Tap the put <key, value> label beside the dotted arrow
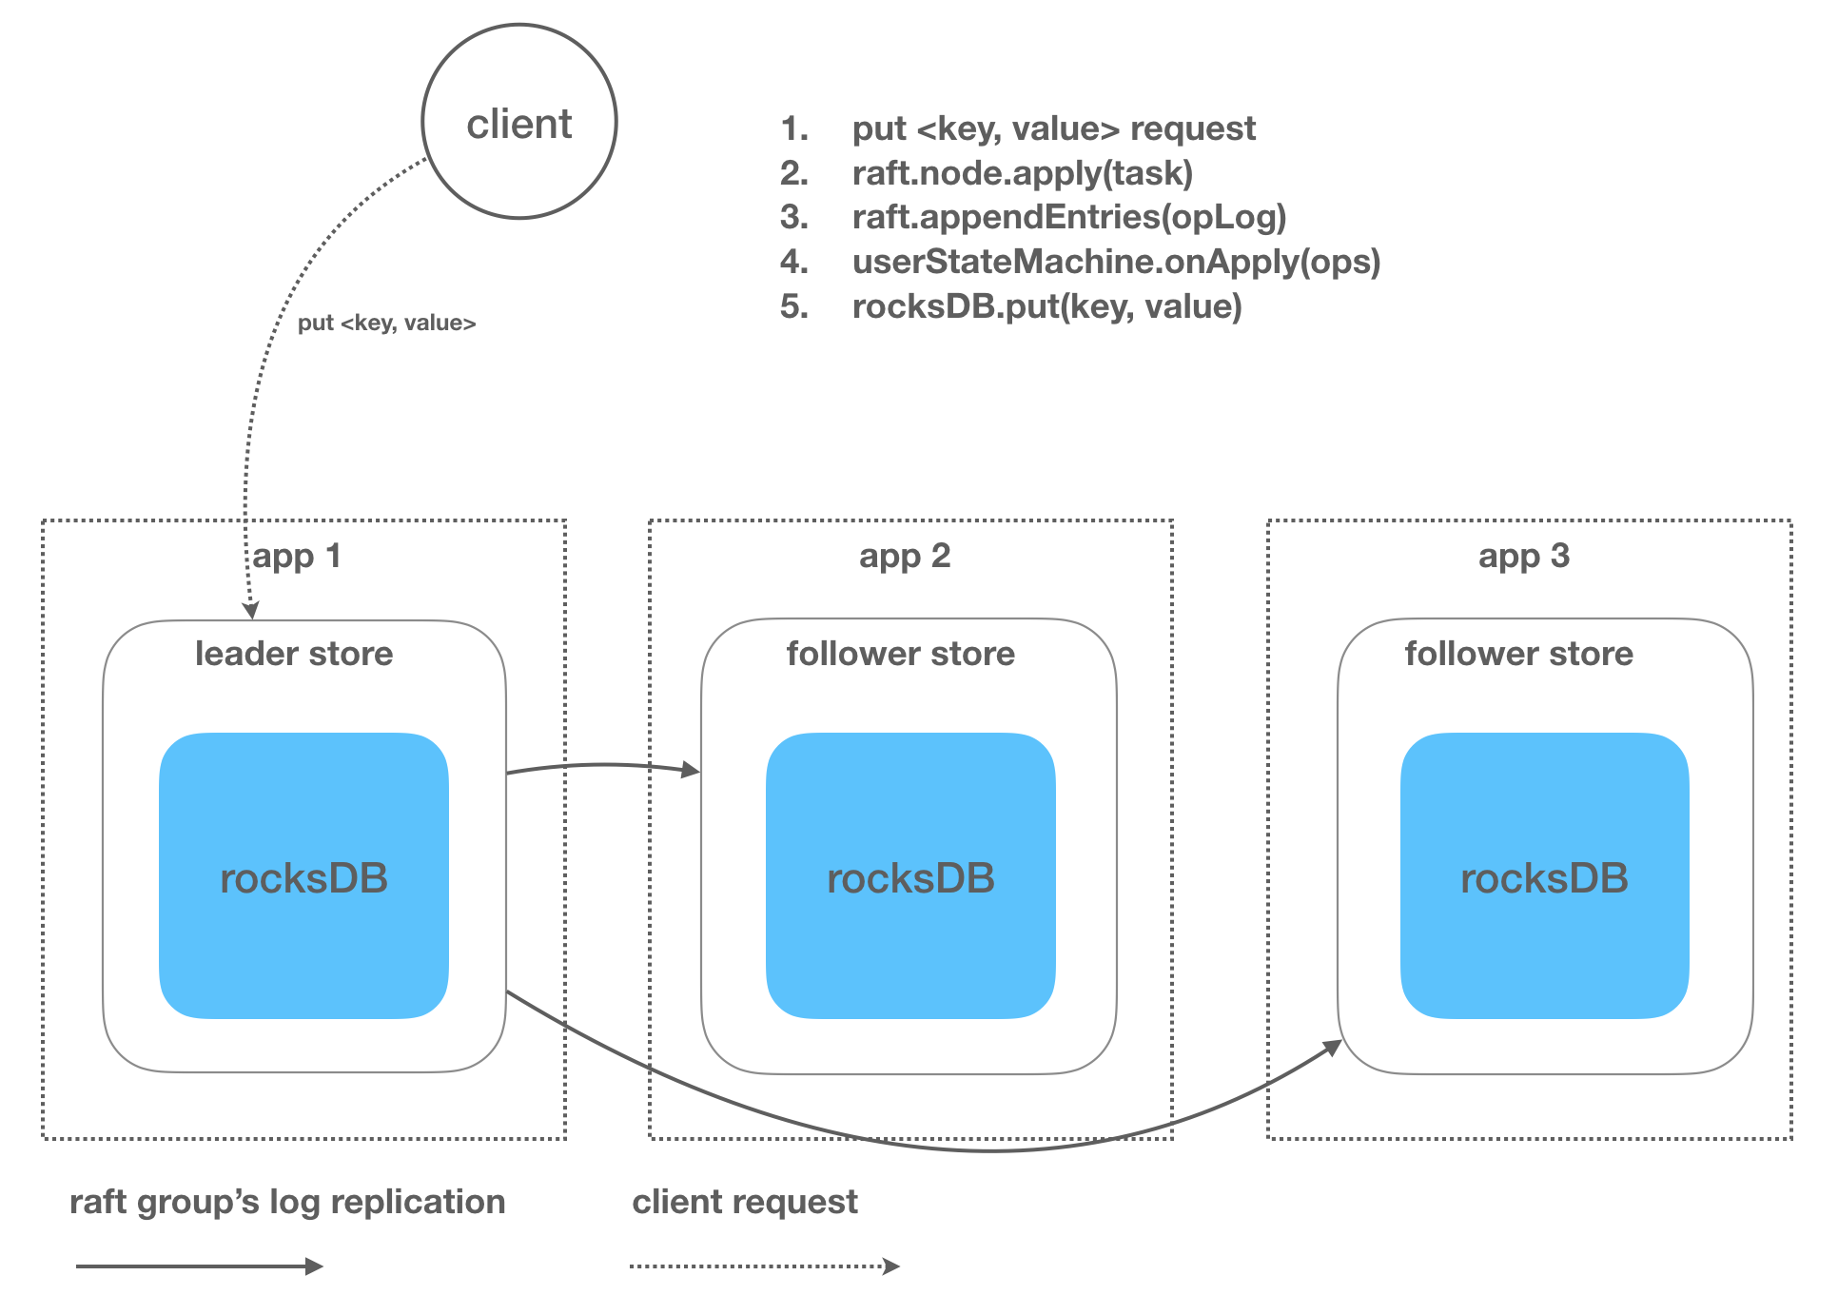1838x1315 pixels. coord(386,324)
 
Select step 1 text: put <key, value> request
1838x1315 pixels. coord(1053,128)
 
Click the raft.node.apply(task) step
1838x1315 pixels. coord(1023,173)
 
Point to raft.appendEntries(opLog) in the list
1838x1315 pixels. coord(1069,217)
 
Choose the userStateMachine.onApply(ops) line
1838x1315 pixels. coord(1116,262)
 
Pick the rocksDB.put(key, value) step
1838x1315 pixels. coord(1047,306)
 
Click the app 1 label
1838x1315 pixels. coord(296,557)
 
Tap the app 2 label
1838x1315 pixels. coord(905,557)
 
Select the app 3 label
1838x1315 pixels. coord(1524,557)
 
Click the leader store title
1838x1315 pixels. coord(294,654)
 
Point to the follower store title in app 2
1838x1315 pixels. coord(901,654)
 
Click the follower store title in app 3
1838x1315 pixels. coord(1519,654)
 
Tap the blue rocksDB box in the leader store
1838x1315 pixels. coord(303,875)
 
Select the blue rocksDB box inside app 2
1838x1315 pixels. coord(910,875)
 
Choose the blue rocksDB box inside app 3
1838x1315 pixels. coord(1545,875)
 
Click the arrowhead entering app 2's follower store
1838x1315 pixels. coord(692,769)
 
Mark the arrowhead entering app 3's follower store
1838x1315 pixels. coord(1332,1049)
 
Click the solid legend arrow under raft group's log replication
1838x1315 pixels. coord(200,1266)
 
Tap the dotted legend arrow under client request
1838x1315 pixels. coord(765,1266)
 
